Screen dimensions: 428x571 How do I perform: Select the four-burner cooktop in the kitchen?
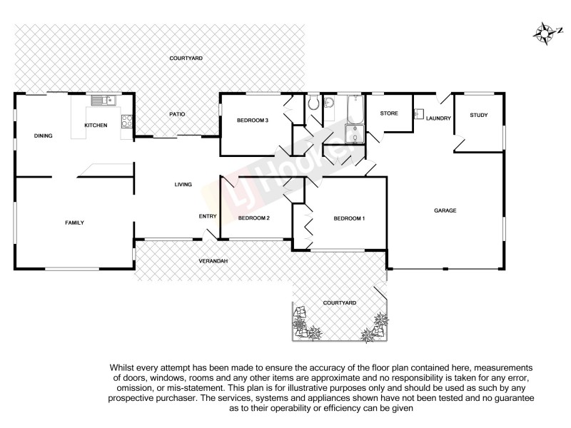point(126,121)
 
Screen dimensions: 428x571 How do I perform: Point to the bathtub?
point(354,108)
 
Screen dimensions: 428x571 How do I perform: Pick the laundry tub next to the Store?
point(419,113)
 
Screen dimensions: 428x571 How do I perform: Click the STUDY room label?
point(477,114)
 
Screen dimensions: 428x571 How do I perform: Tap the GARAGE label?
point(445,210)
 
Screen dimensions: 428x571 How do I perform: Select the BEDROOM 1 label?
point(349,218)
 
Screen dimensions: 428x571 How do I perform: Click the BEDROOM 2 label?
point(253,218)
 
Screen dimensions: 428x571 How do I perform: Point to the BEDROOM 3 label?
point(252,121)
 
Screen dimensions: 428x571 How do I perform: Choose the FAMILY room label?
point(74,223)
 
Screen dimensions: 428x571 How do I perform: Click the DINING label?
point(43,136)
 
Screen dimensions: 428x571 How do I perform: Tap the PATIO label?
point(177,114)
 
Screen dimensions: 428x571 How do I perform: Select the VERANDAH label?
point(213,261)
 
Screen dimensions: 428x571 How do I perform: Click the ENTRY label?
point(208,216)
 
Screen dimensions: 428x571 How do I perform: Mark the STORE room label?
point(388,113)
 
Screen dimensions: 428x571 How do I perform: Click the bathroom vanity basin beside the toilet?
point(329,105)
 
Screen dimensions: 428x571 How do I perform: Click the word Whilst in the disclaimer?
point(122,367)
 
